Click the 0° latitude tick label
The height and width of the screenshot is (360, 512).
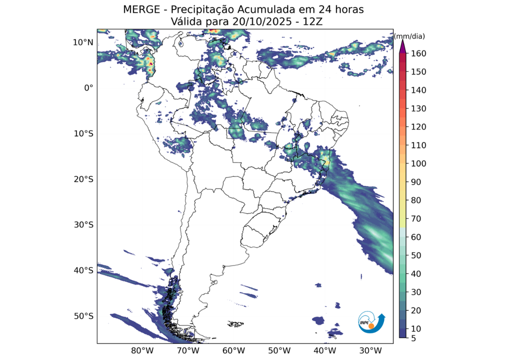tap(88, 87)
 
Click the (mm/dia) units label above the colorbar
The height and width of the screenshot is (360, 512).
tap(409, 36)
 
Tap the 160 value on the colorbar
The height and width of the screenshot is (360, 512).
tap(418, 53)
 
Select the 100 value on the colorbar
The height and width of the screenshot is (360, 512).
tap(418, 164)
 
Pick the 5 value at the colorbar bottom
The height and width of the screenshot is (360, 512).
tap(414, 338)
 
